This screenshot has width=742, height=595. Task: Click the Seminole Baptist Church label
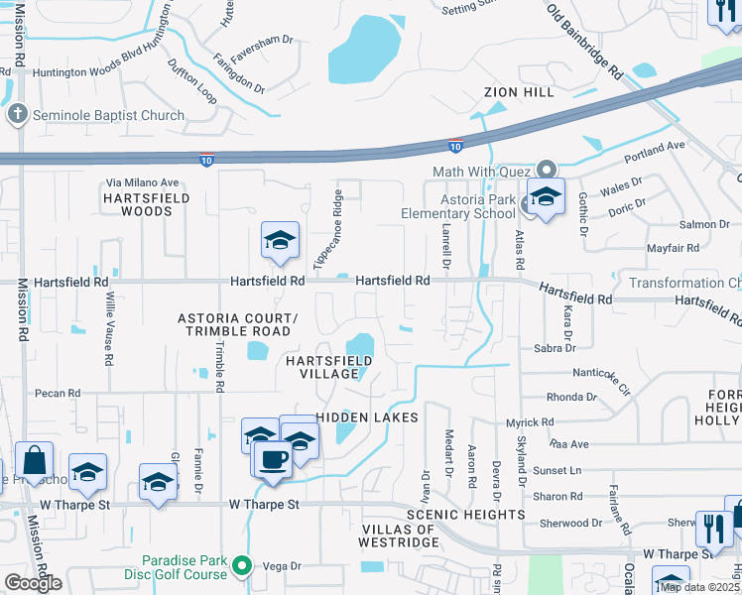[108, 115]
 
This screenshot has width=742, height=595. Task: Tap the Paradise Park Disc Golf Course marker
[243, 567]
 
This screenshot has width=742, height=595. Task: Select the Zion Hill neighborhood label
[519, 92]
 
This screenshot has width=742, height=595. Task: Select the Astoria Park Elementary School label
[458, 205]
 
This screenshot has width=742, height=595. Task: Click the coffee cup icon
[274, 458]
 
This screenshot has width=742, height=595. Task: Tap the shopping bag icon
[34, 461]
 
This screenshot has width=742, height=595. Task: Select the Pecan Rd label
[57, 394]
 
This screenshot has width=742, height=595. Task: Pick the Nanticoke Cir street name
[602, 378]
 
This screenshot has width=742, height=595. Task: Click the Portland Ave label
[655, 153]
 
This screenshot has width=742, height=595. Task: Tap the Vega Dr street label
[282, 566]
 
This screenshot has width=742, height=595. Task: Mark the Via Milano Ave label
[142, 182]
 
